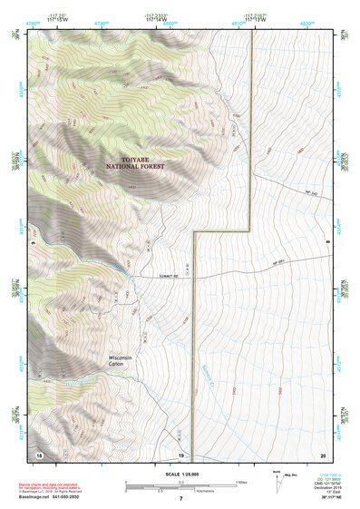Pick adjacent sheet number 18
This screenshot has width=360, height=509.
point(38,454)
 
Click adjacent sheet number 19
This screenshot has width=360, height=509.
point(180,454)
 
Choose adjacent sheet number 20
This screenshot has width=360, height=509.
point(322,454)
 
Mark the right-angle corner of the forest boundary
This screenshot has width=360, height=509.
point(249,231)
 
